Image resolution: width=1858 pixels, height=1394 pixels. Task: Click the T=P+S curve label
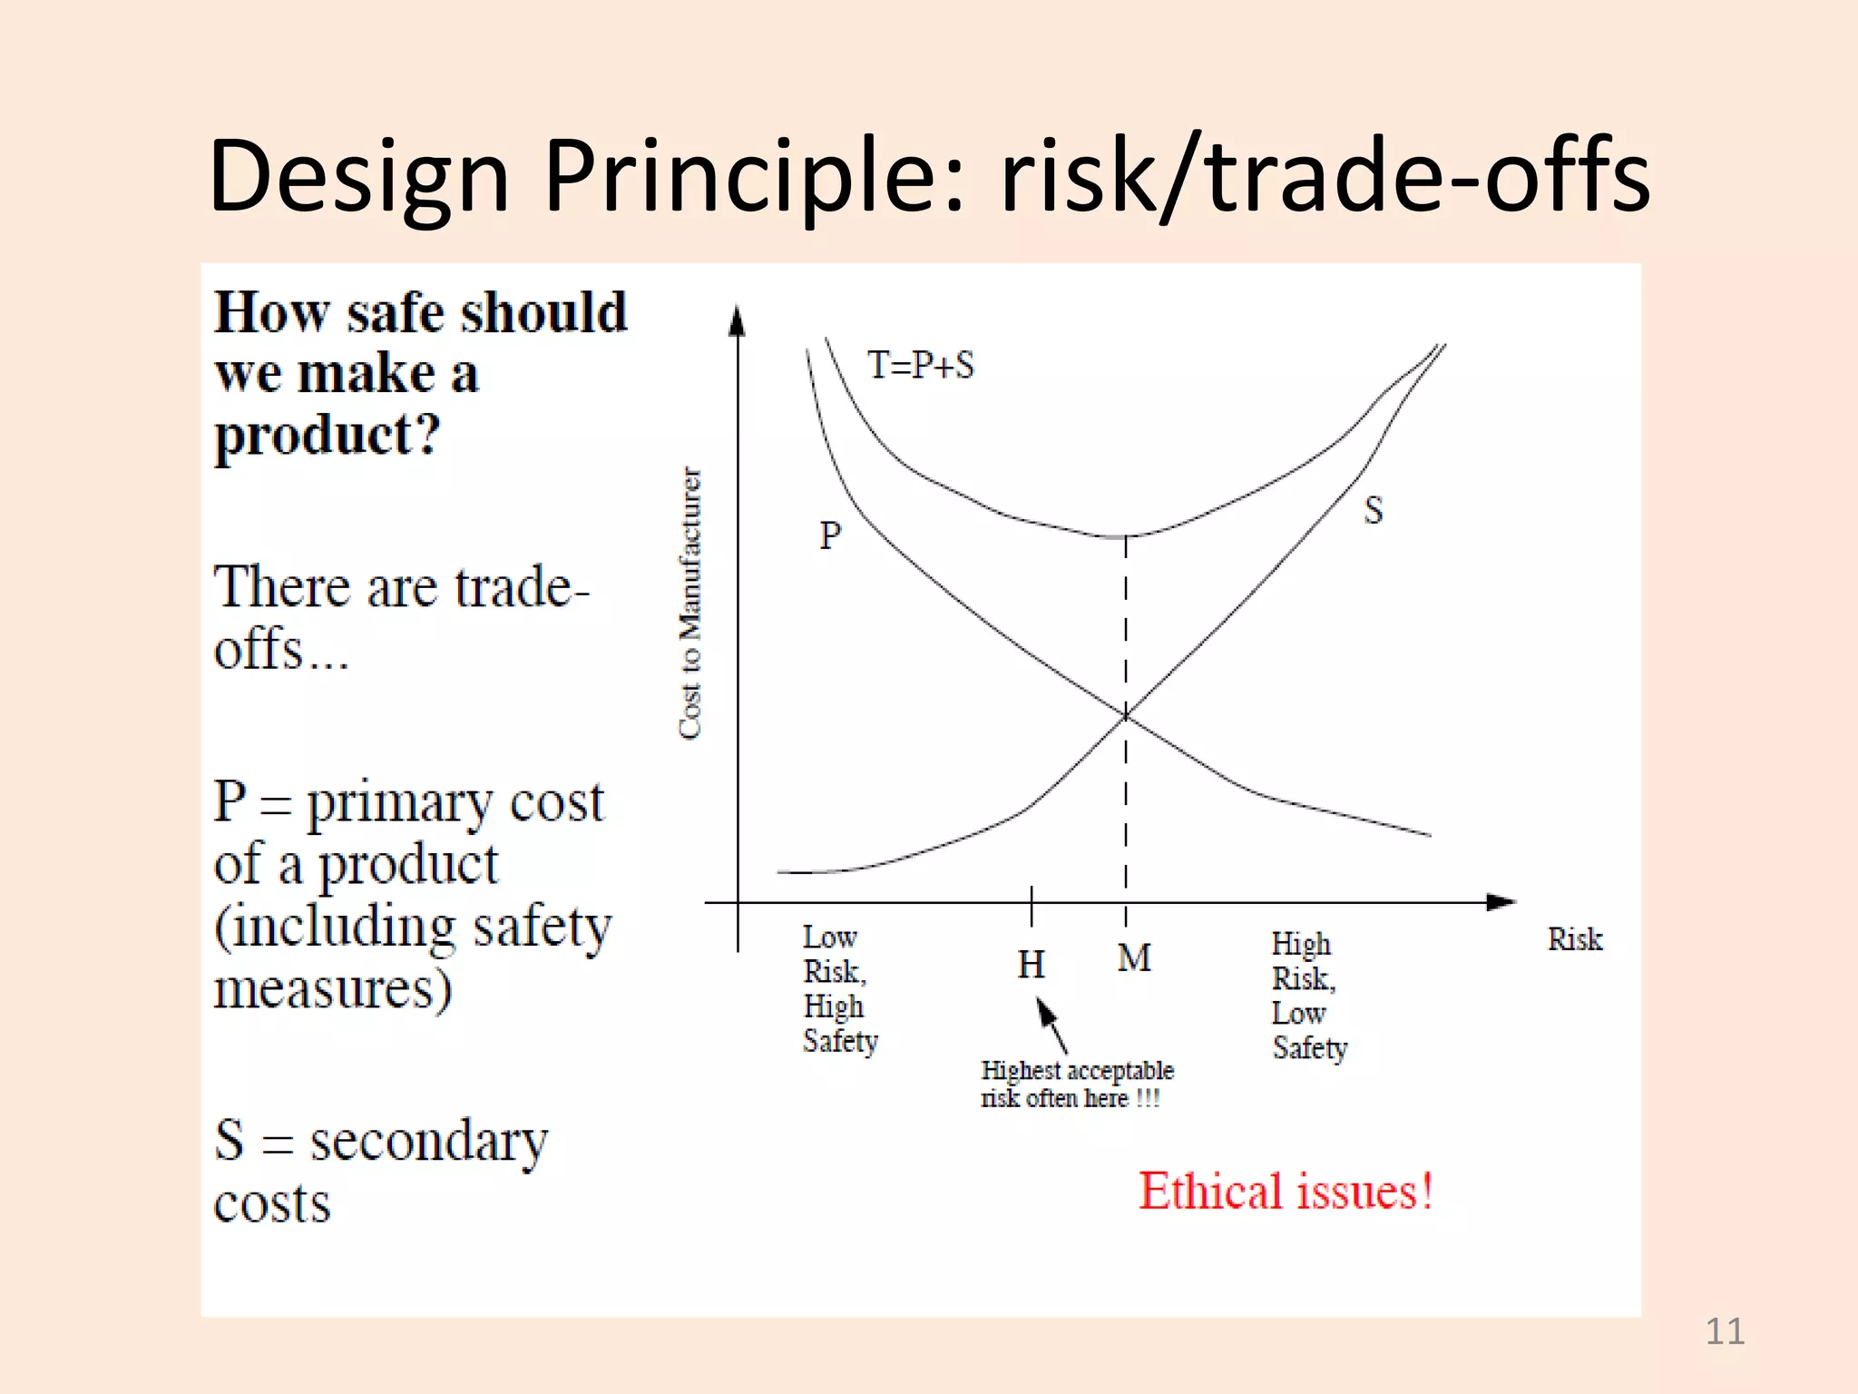click(x=920, y=365)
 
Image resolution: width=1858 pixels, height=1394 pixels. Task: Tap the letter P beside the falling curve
click(x=829, y=535)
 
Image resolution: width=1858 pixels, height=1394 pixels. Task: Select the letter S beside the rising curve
click(x=1373, y=510)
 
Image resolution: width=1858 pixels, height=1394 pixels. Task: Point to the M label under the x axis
click(x=1133, y=958)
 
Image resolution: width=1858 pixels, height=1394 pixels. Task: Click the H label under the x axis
click(x=1031, y=965)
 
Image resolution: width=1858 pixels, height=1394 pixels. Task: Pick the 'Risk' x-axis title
click(x=1574, y=939)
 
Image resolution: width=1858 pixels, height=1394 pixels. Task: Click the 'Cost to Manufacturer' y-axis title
click(x=690, y=603)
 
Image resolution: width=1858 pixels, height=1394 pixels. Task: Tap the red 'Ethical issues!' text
click(x=1285, y=1192)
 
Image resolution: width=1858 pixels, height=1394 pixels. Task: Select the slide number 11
click(x=1724, y=1331)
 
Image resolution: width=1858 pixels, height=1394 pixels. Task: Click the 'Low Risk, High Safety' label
click(x=839, y=989)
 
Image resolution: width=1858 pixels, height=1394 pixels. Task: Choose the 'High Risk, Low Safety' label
click(x=1308, y=996)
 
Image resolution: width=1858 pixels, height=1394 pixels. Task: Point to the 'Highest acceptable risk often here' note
click(x=1076, y=1085)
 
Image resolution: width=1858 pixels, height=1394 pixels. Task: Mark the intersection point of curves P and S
click(x=1126, y=716)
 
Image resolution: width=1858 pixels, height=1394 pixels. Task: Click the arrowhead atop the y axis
click(x=738, y=320)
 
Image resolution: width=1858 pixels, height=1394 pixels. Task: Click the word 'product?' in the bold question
click(x=327, y=436)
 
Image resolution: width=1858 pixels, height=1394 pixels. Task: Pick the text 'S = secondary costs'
click(x=380, y=1171)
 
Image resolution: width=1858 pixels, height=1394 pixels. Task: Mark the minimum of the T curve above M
click(x=1121, y=537)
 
